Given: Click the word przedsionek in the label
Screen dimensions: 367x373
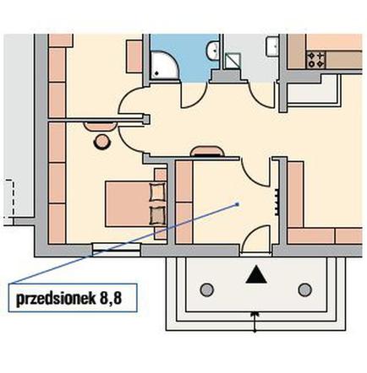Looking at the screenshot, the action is tap(56, 298).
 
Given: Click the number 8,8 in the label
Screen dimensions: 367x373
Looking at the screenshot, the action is tap(111, 298).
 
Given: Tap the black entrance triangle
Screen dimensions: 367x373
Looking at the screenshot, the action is tap(256, 274).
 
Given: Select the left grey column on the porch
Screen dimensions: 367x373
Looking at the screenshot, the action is tap(207, 289).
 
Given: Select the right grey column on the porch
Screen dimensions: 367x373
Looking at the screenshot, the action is tap(305, 289).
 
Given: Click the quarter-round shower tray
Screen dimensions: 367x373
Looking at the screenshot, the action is tap(163, 65).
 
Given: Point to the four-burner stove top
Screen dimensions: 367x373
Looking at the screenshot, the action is tap(315, 60).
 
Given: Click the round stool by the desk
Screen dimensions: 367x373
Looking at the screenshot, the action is tap(101, 142).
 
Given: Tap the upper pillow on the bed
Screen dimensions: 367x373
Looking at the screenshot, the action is tap(156, 192).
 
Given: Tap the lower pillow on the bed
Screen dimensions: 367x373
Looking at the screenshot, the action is tap(156, 215).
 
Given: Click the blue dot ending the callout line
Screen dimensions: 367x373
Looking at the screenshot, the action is tap(238, 204).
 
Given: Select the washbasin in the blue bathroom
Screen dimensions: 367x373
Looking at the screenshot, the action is tap(212, 50).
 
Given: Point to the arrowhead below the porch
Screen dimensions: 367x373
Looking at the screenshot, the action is tap(255, 313).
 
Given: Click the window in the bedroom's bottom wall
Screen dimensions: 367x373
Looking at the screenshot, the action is tap(117, 251).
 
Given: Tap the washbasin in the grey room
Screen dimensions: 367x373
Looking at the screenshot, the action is tap(272, 46).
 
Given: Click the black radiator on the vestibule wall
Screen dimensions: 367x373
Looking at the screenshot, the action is tap(277, 202).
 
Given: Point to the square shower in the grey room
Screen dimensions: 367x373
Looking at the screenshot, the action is tap(233, 61).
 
